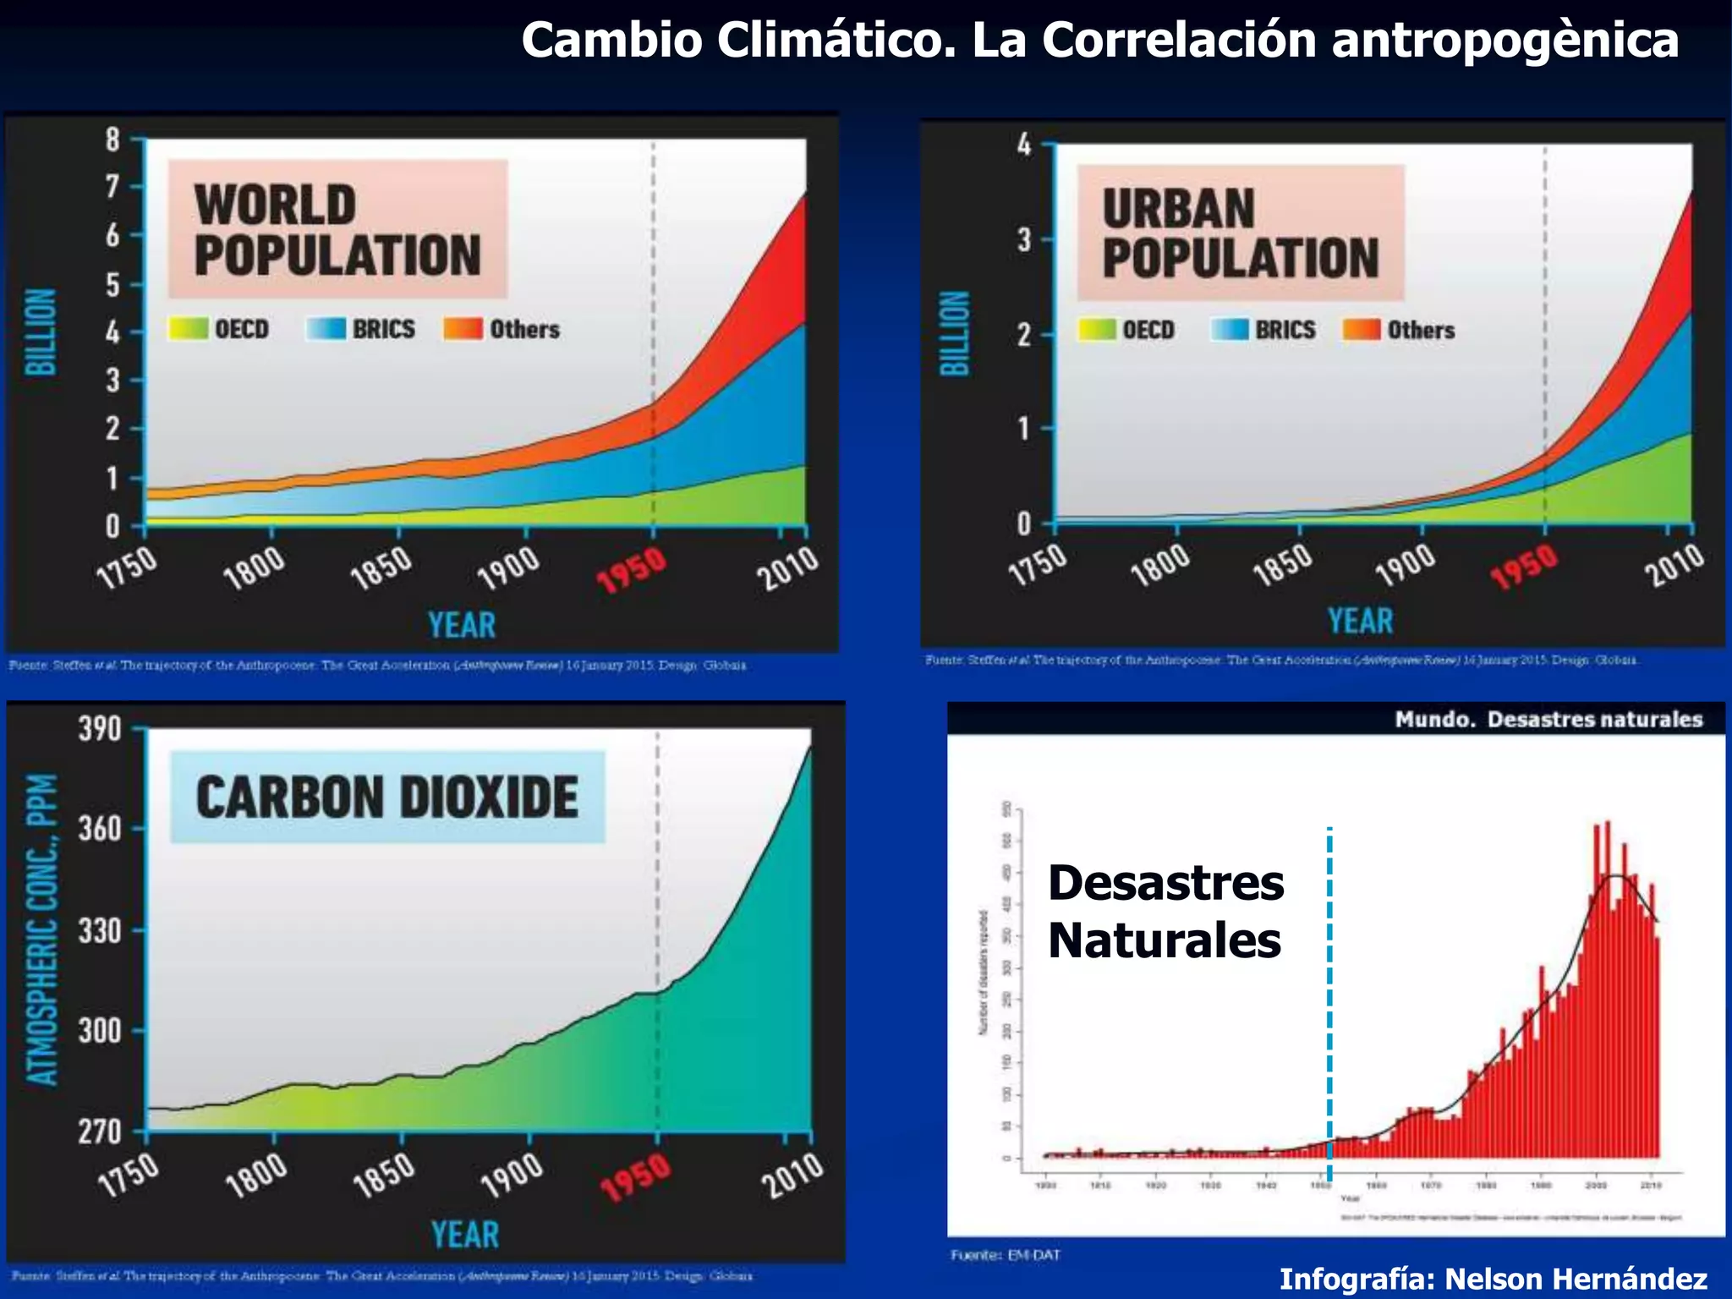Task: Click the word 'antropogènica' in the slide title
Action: (1505, 41)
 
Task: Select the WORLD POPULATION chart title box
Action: (337, 229)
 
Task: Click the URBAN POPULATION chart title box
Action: (1240, 233)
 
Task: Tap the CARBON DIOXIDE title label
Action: (387, 797)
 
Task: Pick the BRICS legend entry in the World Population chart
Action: (361, 329)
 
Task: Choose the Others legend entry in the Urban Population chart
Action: (1400, 330)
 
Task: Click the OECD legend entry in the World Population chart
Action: (219, 329)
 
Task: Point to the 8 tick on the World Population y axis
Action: (113, 140)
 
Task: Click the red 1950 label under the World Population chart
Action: (632, 570)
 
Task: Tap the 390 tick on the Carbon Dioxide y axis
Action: (100, 728)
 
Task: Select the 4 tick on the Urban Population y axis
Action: (1024, 145)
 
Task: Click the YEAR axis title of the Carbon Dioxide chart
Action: (464, 1235)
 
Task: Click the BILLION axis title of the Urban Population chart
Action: (955, 333)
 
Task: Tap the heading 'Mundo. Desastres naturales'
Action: (1548, 720)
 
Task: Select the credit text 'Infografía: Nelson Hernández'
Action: (1493, 1278)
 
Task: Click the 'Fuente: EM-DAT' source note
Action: (1005, 1255)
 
